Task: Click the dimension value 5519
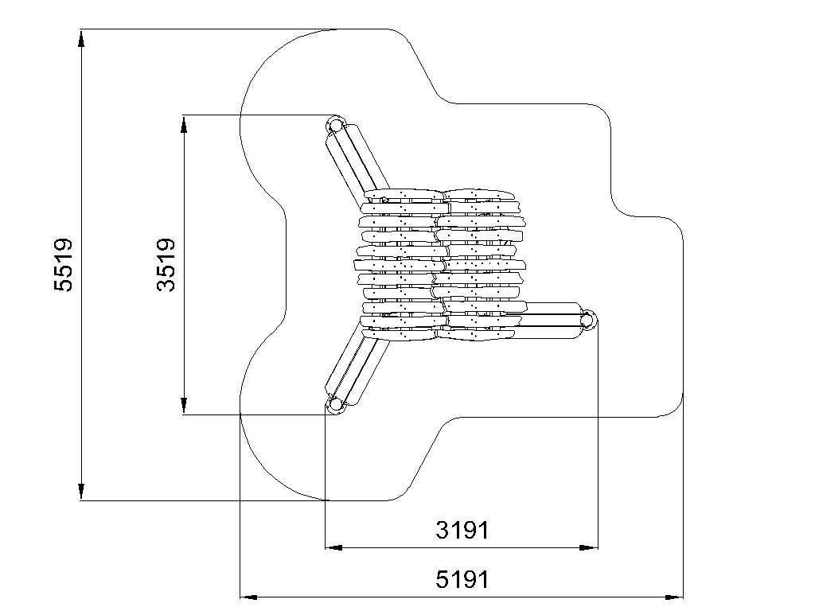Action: point(64,264)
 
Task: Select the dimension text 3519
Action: point(166,264)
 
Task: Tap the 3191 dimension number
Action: point(462,531)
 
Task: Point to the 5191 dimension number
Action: point(462,579)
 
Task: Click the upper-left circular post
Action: point(336,125)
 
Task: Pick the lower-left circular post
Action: point(336,403)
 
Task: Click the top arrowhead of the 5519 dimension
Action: point(81,38)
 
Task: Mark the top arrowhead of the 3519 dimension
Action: point(184,125)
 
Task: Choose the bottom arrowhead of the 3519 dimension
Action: point(184,406)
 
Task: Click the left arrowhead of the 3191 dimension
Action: point(333,547)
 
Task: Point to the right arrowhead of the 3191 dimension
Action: point(589,547)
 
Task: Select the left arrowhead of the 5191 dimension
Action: point(248,597)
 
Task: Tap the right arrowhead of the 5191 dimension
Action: point(674,597)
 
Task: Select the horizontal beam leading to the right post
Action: point(551,321)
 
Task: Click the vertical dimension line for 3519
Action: point(184,265)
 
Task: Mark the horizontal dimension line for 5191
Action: point(462,597)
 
